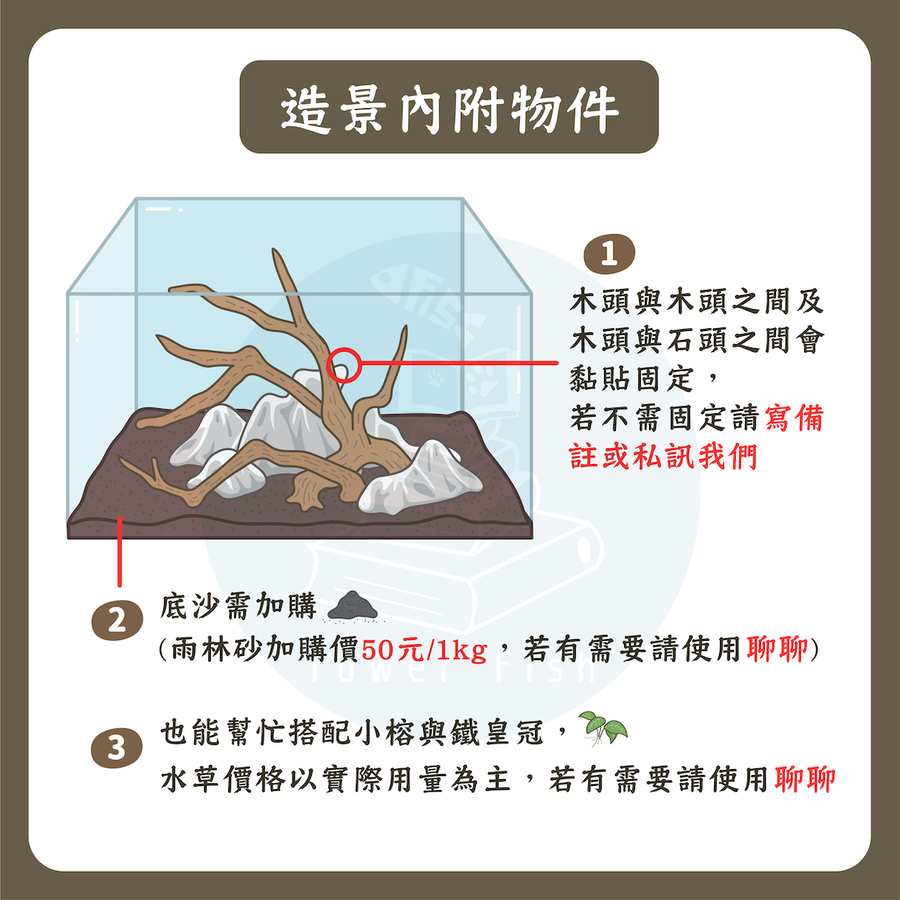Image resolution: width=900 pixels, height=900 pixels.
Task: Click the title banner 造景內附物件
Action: click(x=449, y=107)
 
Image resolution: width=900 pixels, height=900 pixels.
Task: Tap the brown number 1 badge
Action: click(x=609, y=253)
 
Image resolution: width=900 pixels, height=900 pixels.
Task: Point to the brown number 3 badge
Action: click(x=117, y=747)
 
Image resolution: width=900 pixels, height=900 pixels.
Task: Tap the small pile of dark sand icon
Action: click(x=352, y=606)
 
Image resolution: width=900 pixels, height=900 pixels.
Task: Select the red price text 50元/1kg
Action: click(x=423, y=650)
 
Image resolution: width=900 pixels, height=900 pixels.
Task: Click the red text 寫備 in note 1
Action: click(x=794, y=417)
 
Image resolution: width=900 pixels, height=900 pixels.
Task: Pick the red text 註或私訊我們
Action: click(x=663, y=457)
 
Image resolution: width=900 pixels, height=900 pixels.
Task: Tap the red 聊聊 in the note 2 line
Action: click(x=777, y=649)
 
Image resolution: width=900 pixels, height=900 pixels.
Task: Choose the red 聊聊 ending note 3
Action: click(x=805, y=779)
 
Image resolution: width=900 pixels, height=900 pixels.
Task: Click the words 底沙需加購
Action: click(x=238, y=606)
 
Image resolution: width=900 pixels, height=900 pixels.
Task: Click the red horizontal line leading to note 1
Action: click(x=459, y=362)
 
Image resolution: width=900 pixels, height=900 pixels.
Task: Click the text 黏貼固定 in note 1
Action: click(x=632, y=378)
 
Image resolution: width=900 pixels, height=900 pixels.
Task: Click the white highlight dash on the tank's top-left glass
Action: click(x=158, y=209)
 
